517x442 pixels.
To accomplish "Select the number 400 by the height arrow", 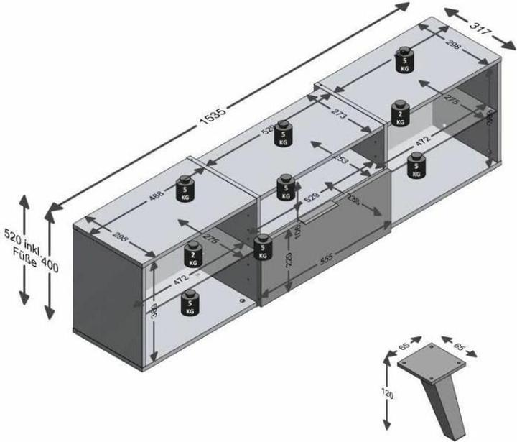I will coord(50,265).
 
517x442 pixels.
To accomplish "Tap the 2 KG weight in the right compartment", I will coord(401,114).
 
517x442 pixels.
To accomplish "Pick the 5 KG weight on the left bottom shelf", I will coord(190,304).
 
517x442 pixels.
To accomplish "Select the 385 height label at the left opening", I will coord(153,310).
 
